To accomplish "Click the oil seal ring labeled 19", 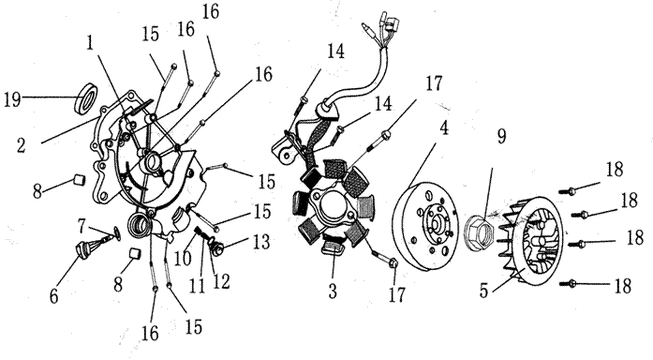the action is pos(87,98).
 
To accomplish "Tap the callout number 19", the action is pos(12,99).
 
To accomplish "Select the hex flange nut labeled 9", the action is pos(480,232).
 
